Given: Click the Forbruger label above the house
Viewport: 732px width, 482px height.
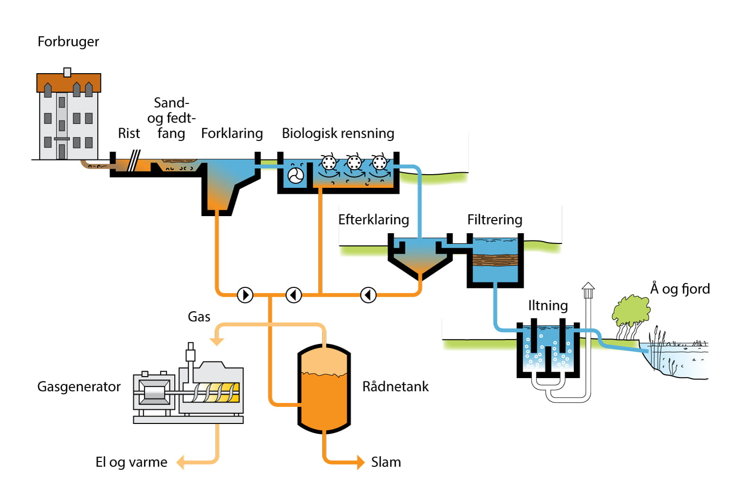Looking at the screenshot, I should [x=68, y=42].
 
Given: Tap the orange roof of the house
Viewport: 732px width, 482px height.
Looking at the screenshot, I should [x=68, y=83].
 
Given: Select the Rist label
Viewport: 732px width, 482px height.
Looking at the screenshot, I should [x=129, y=134].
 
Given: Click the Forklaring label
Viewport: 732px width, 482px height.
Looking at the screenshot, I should [x=232, y=134].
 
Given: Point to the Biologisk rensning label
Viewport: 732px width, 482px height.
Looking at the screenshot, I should [x=338, y=134].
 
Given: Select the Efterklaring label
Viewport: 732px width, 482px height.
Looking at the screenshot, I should [x=374, y=220].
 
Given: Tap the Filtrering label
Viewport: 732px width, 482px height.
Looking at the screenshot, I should [x=494, y=220].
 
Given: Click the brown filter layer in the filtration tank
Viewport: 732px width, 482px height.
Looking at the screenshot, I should [x=495, y=260].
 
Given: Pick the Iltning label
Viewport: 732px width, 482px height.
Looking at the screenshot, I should [x=548, y=306].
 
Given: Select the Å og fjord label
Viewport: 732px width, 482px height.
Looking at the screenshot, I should [x=680, y=289].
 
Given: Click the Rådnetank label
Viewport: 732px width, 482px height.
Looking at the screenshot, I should [x=395, y=387].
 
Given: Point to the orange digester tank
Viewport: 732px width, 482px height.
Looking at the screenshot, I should [x=324, y=390].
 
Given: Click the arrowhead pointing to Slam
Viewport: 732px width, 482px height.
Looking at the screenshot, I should [x=361, y=462].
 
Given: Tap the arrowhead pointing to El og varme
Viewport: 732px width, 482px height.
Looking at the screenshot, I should [x=180, y=462].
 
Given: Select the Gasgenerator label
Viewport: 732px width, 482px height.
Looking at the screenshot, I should [x=79, y=387].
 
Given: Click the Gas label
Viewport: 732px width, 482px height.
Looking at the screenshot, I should [x=199, y=317].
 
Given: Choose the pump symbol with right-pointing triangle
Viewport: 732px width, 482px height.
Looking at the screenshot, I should [x=245, y=295].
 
